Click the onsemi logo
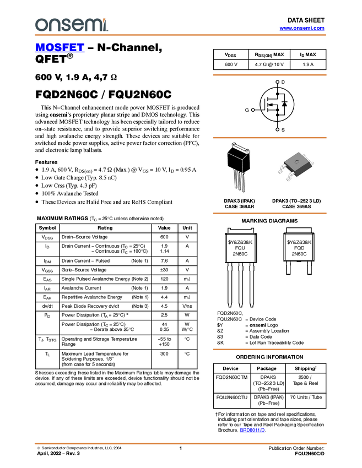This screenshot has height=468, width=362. (x=71, y=25)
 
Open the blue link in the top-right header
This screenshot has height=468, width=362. (x=301, y=28)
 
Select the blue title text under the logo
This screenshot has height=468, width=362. (x=60, y=48)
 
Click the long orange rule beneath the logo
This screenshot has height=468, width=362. (x=180, y=35)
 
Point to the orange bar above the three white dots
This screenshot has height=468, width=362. (x=269, y=75)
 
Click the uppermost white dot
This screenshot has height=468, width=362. (x=278, y=82)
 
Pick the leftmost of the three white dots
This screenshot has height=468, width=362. (x=253, y=110)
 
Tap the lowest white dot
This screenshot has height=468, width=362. (x=277, y=130)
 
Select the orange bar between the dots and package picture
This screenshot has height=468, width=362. (x=269, y=138)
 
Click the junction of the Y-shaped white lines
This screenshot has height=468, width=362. (x=242, y=160)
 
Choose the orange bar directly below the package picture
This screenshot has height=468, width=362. (x=269, y=213)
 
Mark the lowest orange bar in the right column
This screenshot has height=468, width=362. (x=269, y=349)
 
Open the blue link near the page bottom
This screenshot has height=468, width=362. (x=252, y=431)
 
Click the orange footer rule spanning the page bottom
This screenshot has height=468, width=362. (x=180, y=443)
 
